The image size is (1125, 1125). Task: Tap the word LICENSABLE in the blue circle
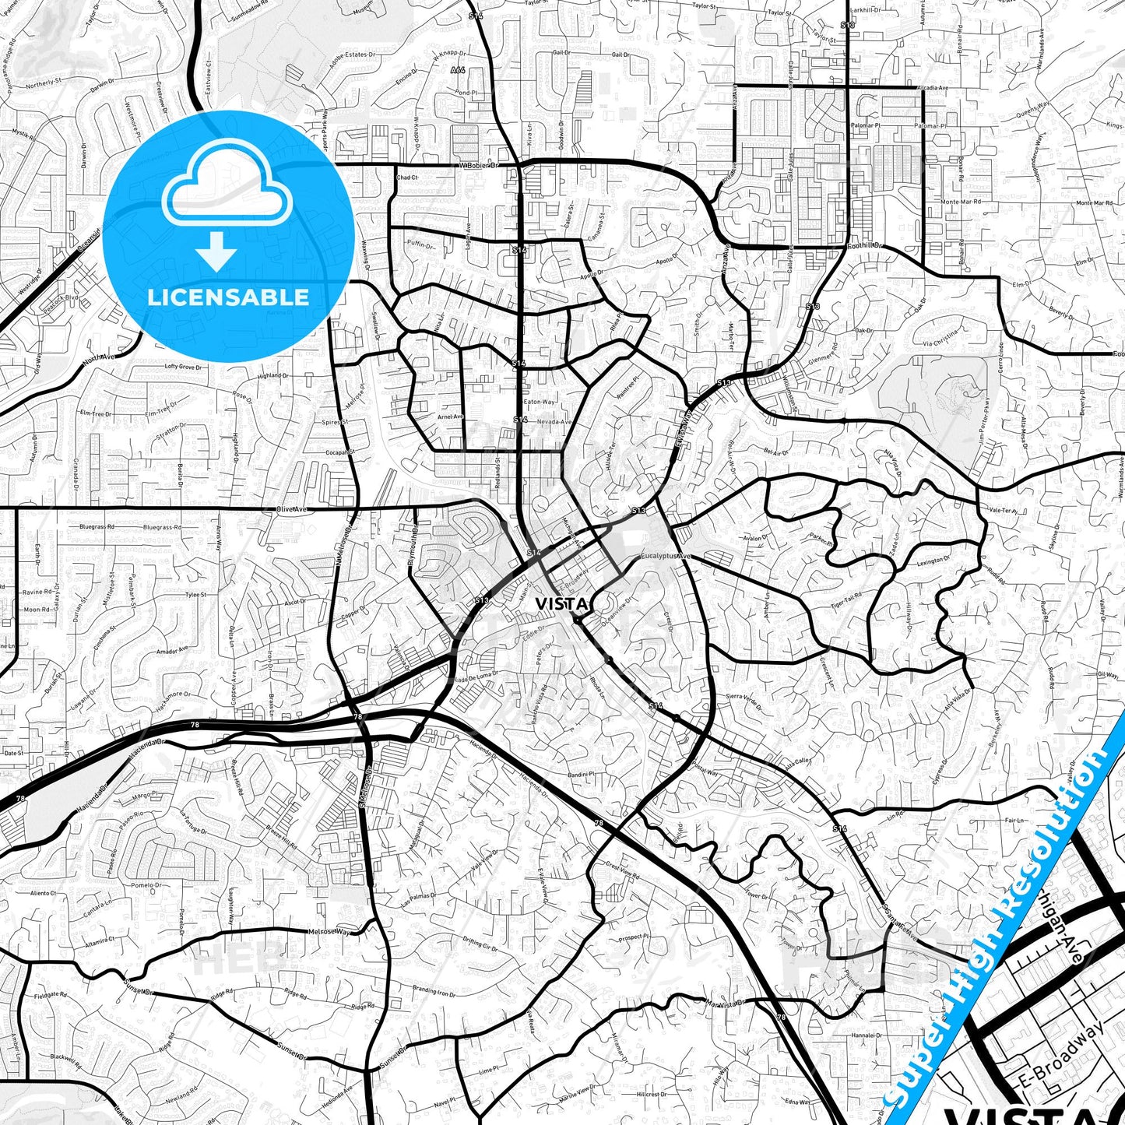point(228,297)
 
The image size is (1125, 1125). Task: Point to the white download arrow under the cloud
point(216,251)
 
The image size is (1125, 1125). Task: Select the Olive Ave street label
point(292,509)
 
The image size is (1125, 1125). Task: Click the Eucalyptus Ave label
point(666,557)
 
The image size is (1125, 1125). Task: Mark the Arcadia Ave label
point(933,88)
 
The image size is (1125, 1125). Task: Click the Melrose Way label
point(329,931)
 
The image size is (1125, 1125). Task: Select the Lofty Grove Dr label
point(183,367)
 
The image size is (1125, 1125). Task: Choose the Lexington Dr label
point(933,561)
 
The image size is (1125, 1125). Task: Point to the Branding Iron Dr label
point(433,992)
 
